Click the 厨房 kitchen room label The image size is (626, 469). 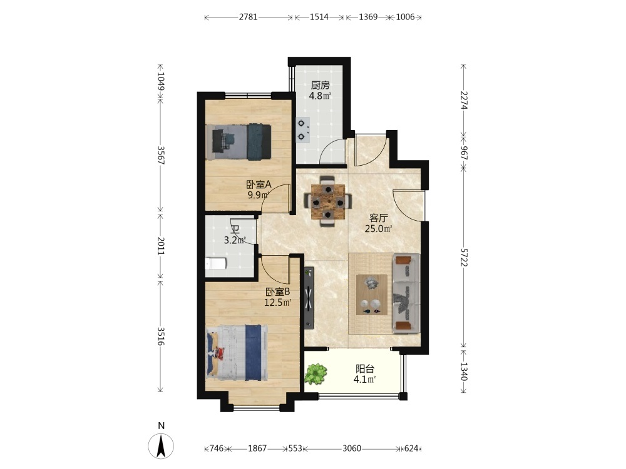pos(320,85)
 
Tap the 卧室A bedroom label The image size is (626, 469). pos(259,184)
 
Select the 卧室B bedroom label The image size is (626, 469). pos(278,292)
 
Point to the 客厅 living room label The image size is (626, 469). pos(379,218)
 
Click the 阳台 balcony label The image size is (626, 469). pos(365,369)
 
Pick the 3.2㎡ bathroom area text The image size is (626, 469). pos(235,240)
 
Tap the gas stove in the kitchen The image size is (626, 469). pos(303,130)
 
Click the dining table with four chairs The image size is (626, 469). pos(328,201)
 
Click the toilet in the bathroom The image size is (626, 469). pos(215,264)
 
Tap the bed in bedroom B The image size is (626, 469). pos(237,353)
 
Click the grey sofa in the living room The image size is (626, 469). pos(406,293)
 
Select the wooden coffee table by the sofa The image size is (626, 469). pos(372,295)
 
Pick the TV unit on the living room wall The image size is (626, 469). pos(309,298)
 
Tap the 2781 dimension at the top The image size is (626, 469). pos(249,17)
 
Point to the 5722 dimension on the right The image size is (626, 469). pos(463,258)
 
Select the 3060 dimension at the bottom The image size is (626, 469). pos(352,448)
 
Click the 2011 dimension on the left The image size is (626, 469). pos(160,246)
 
